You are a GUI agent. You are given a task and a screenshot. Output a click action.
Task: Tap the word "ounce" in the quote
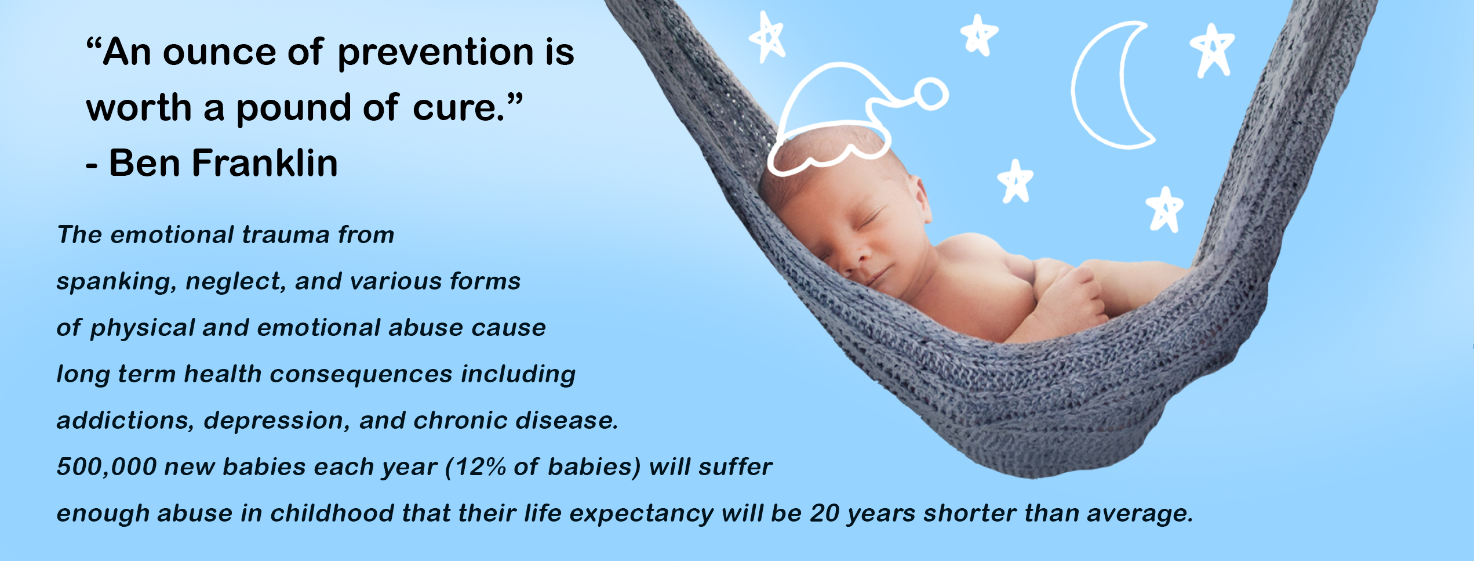click(x=220, y=52)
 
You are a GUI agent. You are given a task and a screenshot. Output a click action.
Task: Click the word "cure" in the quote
click(x=454, y=108)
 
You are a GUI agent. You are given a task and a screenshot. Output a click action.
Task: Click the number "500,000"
click(x=107, y=467)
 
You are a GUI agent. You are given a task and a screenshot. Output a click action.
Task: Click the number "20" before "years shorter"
click(x=825, y=513)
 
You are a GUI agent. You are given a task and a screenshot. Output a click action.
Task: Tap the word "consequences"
click(x=361, y=374)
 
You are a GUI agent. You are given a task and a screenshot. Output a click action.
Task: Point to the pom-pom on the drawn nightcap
click(x=931, y=94)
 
